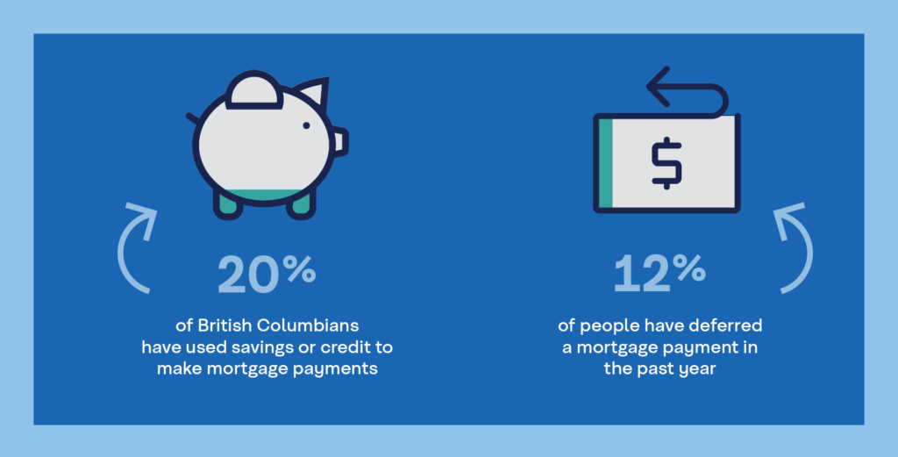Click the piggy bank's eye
tap(306, 125)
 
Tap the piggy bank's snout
tap(339, 141)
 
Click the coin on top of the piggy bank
tap(253, 90)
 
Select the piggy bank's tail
tap(192, 118)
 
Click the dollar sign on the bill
tap(666, 163)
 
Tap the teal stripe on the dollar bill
tap(606, 163)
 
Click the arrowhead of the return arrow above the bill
tap(658, 87)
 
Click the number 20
tap(248, 275)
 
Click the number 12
tap(641, 275)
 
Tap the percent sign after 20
tap(300, 268)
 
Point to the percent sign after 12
tap(689, 268)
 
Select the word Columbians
tap(308, 325)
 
